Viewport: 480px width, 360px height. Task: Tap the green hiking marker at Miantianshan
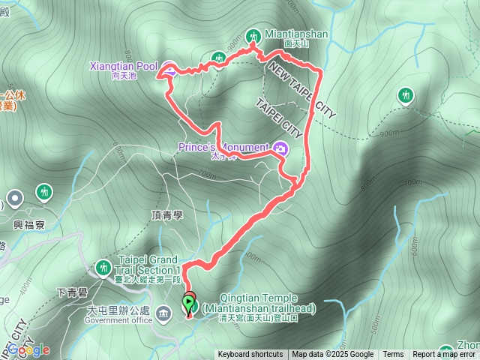(253, 36)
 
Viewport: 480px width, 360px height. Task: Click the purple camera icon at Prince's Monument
(280, 148)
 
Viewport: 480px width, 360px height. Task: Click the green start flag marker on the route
(187, 304)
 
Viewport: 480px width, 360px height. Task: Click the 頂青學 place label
(166, 214)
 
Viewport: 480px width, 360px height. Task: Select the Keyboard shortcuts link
(250, 355)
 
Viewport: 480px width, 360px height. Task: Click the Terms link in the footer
(393, 355)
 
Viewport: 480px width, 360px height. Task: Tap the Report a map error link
(445, 355)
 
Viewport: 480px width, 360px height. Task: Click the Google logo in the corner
(29, 349)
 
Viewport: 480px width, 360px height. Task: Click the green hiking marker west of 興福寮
(44, 193)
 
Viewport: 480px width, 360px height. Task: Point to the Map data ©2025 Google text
(332, 355)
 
